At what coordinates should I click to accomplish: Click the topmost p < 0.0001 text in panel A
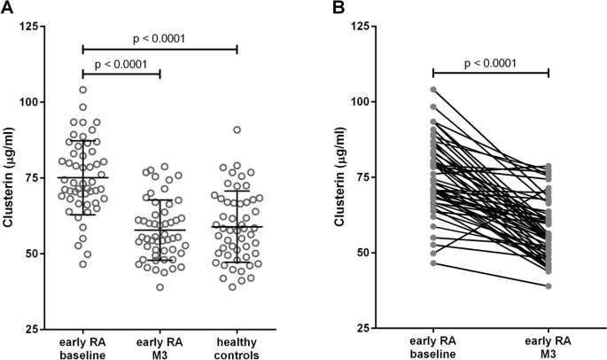(159, 38)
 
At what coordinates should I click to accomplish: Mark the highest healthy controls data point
(237, 129)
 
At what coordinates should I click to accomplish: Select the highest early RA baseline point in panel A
(82, 90)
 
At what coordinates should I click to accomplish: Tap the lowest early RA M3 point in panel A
(160, 286)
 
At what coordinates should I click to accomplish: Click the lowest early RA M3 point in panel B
(549, 286)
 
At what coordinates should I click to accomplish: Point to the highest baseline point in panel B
(433, 90)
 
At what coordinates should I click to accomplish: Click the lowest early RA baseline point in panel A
(83, 264)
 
